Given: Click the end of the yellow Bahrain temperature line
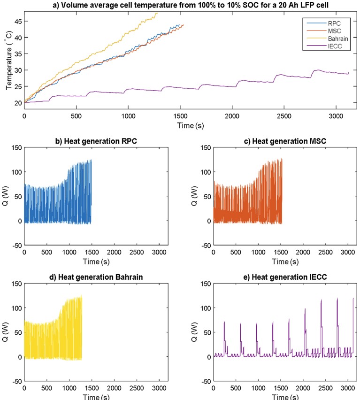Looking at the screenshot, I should [158, 13].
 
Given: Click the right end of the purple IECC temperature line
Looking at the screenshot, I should [349, 73].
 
